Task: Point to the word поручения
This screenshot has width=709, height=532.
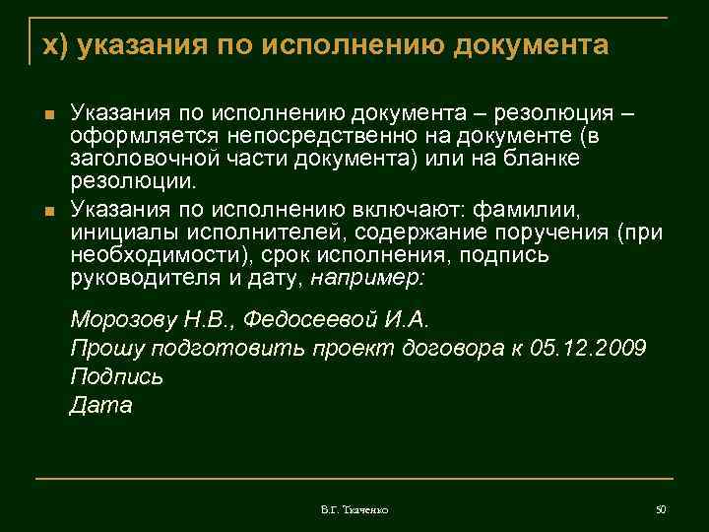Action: [550, 232]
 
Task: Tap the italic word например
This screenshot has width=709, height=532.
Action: [367, 279]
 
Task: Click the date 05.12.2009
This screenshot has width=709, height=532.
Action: [588, 349]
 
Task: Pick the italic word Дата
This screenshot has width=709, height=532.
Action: [101, 405]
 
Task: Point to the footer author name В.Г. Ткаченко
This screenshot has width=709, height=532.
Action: [354, 509]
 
